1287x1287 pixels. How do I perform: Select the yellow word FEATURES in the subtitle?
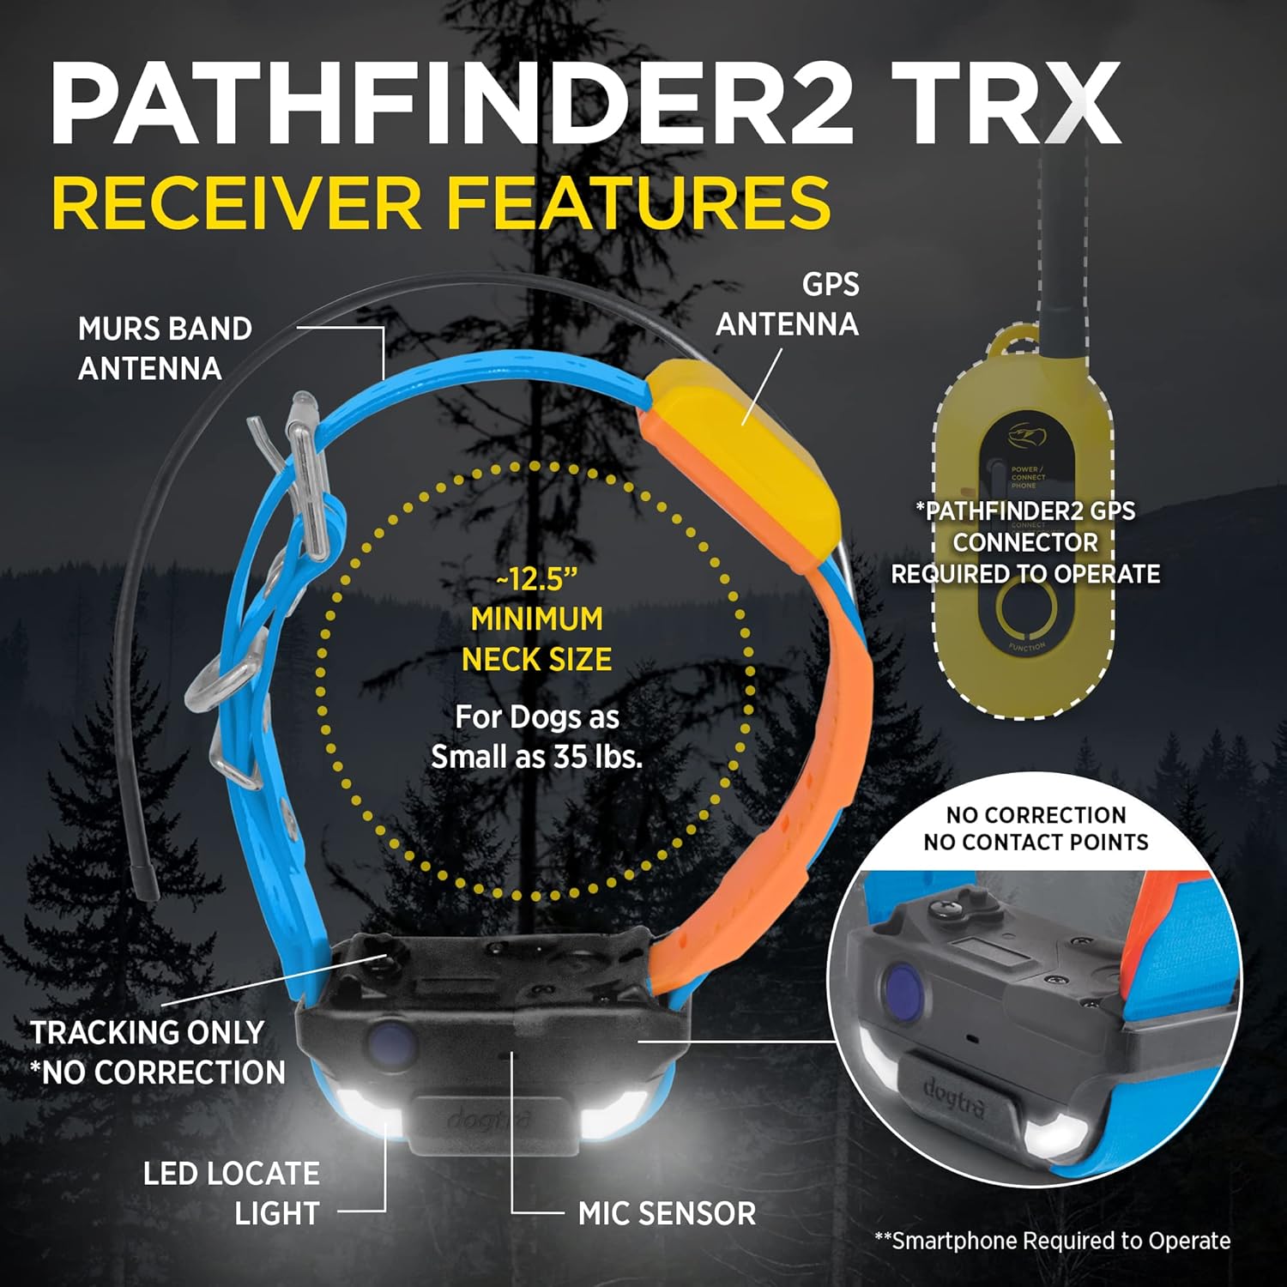point(638,202)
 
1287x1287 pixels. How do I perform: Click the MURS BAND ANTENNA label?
point(165,348)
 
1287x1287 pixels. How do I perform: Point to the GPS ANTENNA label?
point(788,305)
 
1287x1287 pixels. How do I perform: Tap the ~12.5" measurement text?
point(536,580)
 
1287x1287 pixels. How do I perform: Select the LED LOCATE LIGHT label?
point(232,1193)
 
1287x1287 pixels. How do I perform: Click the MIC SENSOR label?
point(667,1213)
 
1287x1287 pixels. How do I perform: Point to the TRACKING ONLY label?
point(148,1032)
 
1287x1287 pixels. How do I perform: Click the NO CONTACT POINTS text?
point(1036,842)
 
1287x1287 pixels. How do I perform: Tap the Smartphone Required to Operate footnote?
point(1053,1241)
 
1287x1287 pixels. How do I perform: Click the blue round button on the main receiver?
point(390,1042)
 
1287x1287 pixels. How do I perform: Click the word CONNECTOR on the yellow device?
point(1025,542)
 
